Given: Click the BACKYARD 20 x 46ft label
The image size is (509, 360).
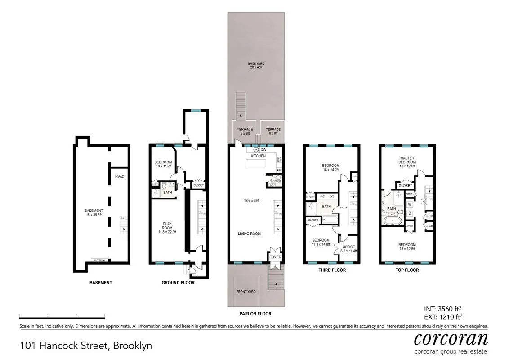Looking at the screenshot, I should pyautogui.click(x=255, y=66).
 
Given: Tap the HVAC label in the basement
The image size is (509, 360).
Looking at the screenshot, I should pyautogui.click(x=120, y=176).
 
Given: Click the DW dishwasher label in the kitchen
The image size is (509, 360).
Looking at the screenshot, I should pyautogui.click(x=263, y=149).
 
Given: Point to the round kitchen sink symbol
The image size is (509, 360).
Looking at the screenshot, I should pyautogui.click(x=256, y=149).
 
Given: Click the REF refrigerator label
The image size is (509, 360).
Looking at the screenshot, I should pyautogui.click(x=279, y=170).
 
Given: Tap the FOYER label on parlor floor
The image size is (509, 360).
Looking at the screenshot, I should pyautogui.click(x=275, y=257).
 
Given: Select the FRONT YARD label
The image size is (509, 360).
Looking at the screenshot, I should pyautogui.click(x=246, y=292).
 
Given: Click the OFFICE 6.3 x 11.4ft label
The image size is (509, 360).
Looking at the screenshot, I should pyautogui.click(x=348, y=249).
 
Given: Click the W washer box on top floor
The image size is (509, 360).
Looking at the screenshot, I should pyautogui.click(x=410, y=204).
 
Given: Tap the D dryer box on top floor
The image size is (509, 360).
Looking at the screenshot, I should pyautogui.click(x=410, y=213).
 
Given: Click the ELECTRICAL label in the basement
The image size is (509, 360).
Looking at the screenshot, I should pyautogui.click(x=99, y=260).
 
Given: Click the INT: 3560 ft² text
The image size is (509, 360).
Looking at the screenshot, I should pyautogui.click(x=443, y=309).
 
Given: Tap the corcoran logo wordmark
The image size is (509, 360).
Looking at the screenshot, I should pyautogui.click(x=450, y=338).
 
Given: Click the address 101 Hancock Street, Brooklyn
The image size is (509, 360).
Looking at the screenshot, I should pyautogui.click(x=86, y=346).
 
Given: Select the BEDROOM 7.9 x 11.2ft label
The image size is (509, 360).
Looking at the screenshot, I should pyautogui.click(x=163, y=164).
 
